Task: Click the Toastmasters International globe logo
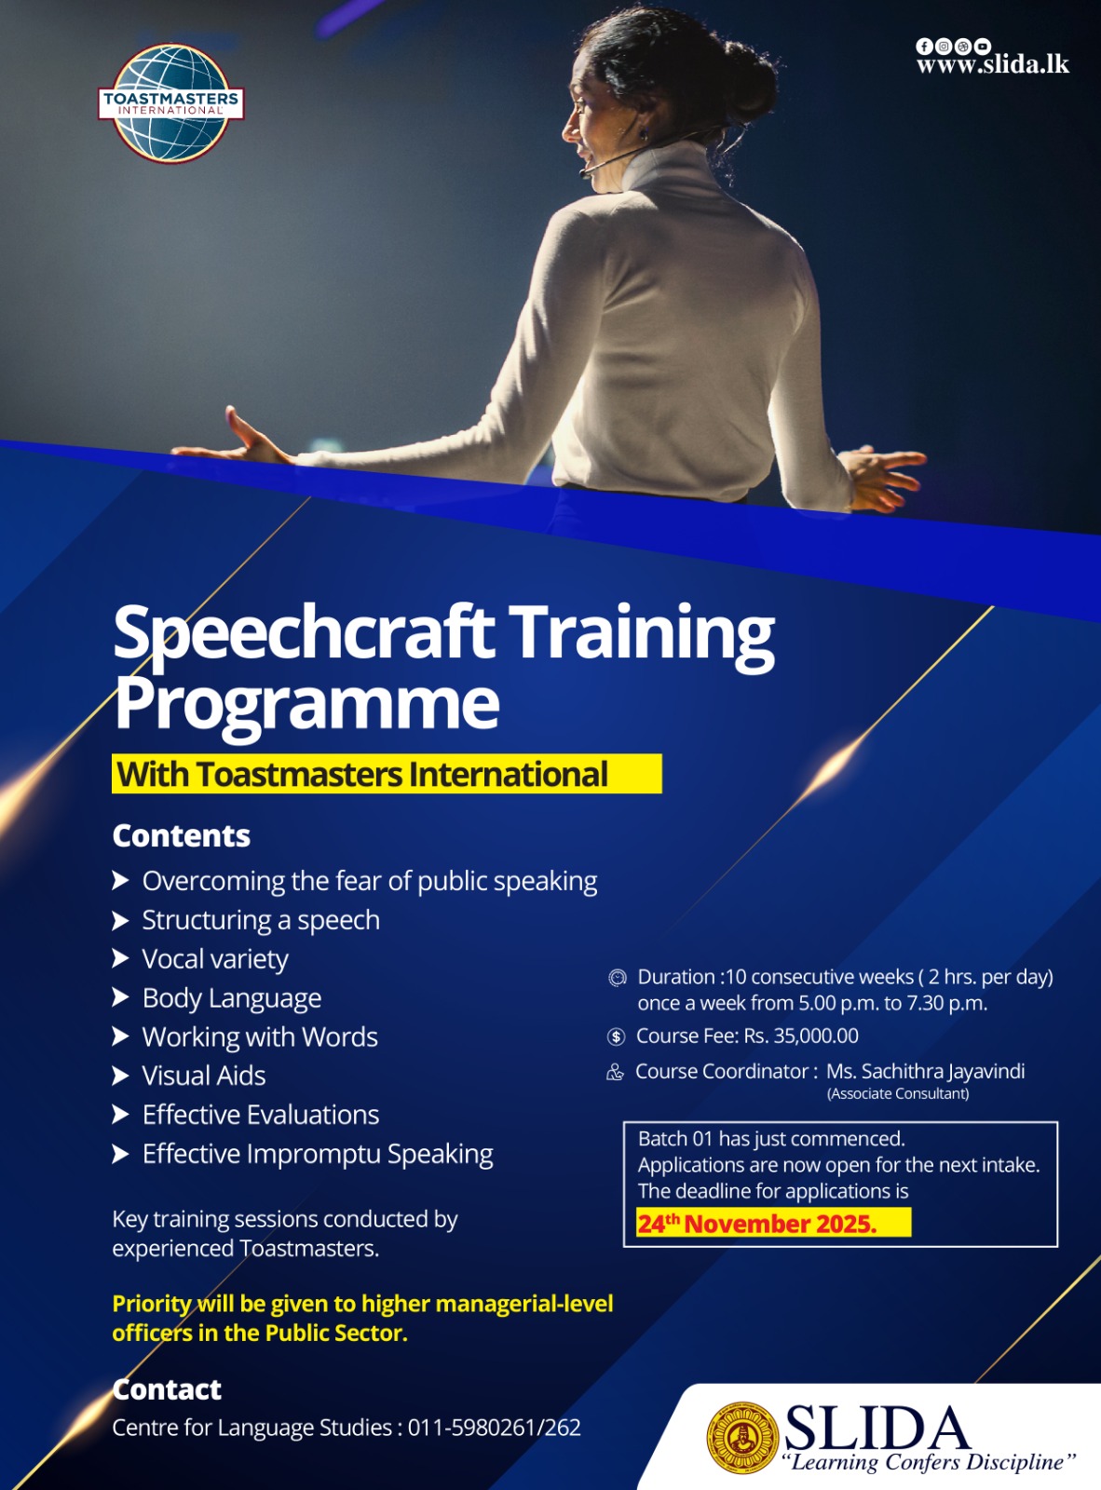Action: [170, 102]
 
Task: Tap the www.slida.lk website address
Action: [993, 64]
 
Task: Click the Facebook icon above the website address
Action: [924, 46]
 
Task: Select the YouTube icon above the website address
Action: [983, 46]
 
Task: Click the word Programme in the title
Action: [307, 705]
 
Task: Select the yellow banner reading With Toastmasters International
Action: [387, 773]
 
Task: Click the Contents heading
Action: [182, 836]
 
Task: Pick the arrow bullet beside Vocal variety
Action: [120, 958]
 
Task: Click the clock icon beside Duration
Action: [617, 978]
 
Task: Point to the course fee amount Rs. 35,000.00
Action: [801, 1036]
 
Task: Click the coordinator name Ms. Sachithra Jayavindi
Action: [926, 1071]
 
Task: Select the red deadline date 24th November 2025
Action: [757, 1223]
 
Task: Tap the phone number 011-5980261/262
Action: [495, 1427]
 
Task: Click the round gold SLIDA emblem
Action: [742, 1438]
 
